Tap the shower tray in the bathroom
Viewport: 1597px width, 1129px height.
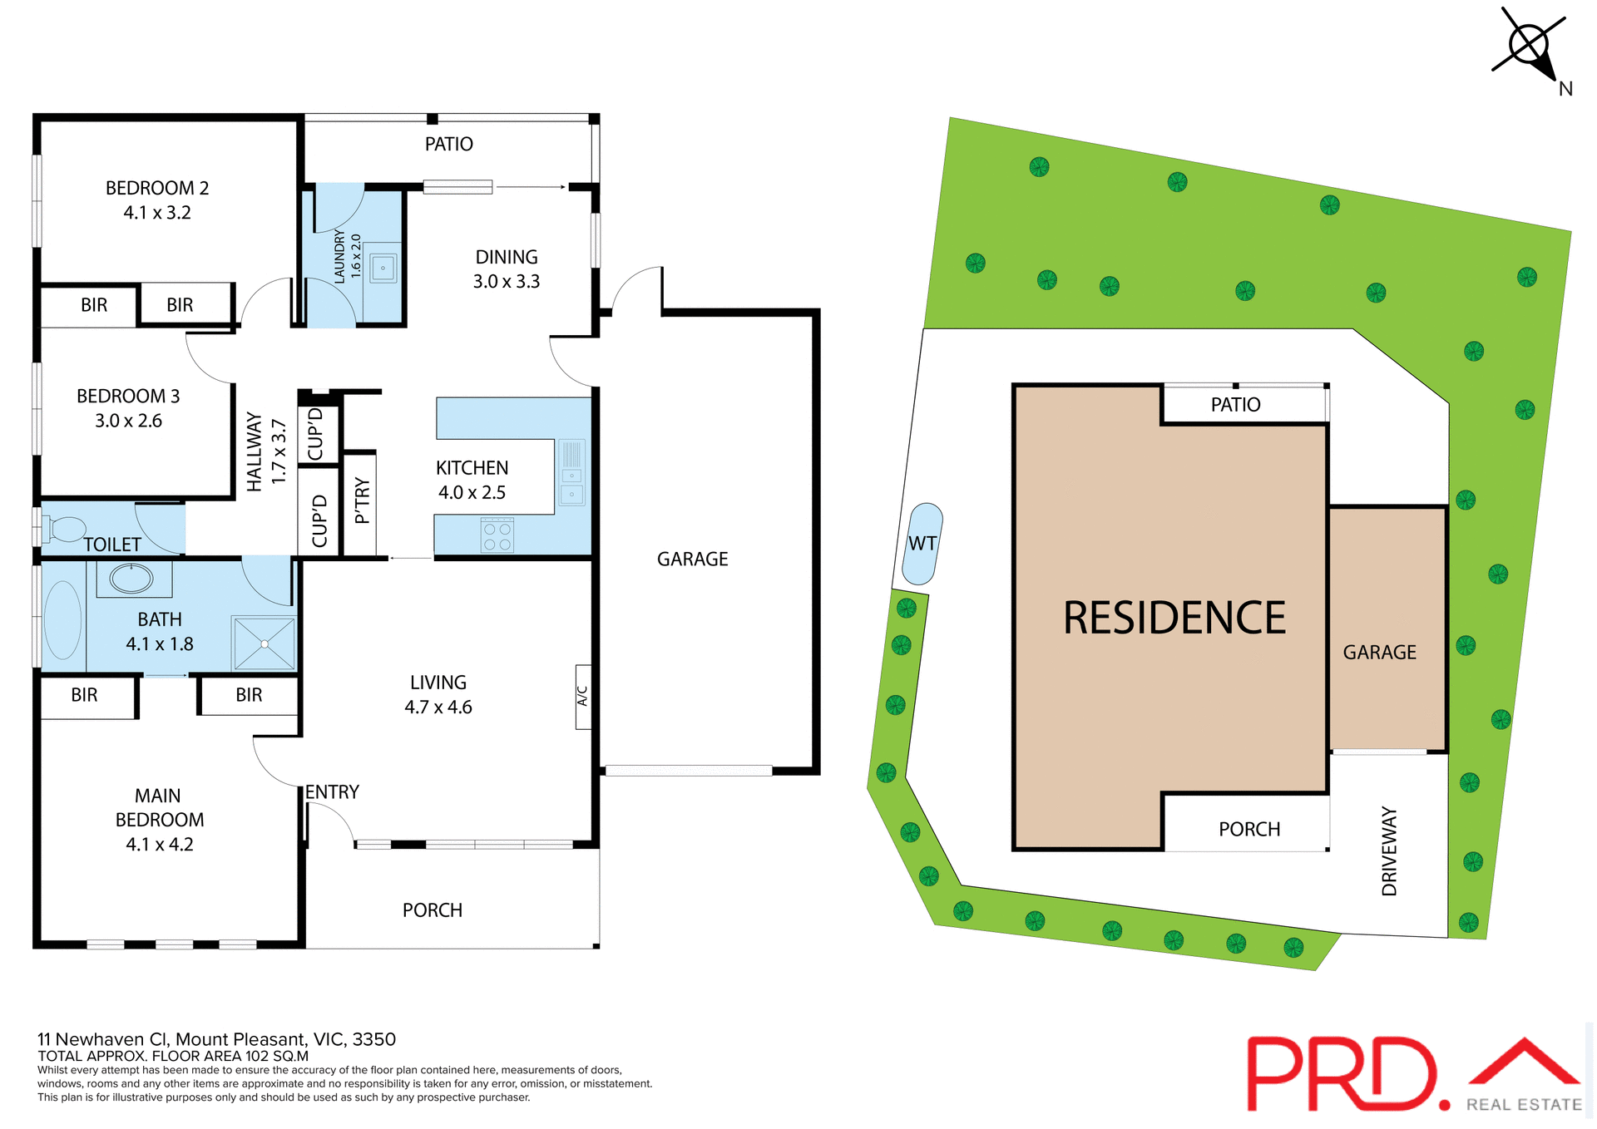pyautogui.click(x=265, y=643)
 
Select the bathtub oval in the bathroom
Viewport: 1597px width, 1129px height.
pyautogui.click(x=62, y=620)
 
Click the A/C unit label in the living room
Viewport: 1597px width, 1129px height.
pyautogui.click(x=583, y=697)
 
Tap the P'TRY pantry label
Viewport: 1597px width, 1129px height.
pyautogui.click(x=361, y=500)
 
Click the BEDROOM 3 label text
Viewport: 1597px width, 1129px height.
pyautogui.click(x=128, y=397)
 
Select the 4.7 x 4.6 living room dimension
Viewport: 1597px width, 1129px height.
pyautogui.click(x=438, y=707)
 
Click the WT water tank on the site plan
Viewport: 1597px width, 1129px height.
pyautogui.click(x=922, y=545)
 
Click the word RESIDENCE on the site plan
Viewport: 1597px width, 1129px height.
pyautogui.click(x=1174, y=619)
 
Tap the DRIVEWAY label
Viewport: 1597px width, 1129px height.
pyautogui.click(x=1389, y=851)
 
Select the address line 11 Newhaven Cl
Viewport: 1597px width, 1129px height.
pyautogui.click(x=216, y=1039)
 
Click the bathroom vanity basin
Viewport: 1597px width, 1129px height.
pyautogui.click(x=131, y=578)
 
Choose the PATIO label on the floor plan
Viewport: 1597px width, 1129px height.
pyautogui.click(x=448, y=145)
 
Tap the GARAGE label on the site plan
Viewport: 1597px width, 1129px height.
pyautogui.click(x=1379, y=653)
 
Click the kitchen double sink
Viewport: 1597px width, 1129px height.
pyautogui.click(x=571, y=486)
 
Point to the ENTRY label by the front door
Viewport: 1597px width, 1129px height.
pyautogui.click(x=332, y=792)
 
